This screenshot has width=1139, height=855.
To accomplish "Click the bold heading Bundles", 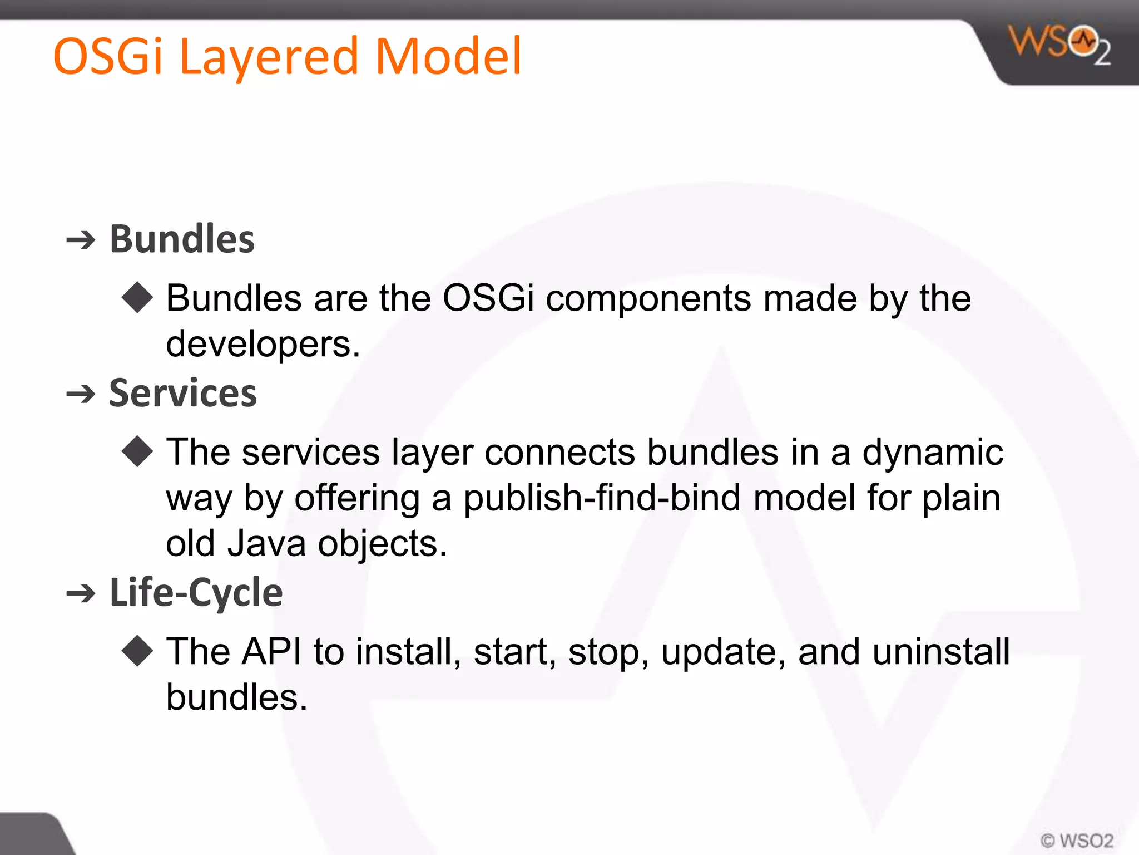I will click(x=182, y=239).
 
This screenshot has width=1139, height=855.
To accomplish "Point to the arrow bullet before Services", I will click(x=81, y=395).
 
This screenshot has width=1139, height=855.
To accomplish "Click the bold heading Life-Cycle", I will click(x=196, y=592).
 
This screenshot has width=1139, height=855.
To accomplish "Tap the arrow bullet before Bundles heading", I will click(x=81, y=240).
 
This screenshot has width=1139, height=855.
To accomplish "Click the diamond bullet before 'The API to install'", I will click(x=137, y=651).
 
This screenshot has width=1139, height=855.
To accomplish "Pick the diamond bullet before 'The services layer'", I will click(x=137, y=451).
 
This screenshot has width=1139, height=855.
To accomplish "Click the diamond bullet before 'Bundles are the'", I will click(x=137, y=298).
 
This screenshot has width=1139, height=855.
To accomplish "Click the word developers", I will click(x=263, y=345).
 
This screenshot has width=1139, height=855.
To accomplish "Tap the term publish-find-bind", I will click(x=602, y=498).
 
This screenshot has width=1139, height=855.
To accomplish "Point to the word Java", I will click(x=266, y=543).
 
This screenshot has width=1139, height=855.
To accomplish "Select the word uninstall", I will click(x=941, y=651).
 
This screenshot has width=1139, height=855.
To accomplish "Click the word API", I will click(x=272, y=651).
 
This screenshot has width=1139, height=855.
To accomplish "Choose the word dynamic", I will click(x=933, y=451).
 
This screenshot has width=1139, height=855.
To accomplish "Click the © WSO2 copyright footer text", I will click(x=1077, y=841).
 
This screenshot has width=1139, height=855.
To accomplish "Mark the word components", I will click(x=648, y=299).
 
